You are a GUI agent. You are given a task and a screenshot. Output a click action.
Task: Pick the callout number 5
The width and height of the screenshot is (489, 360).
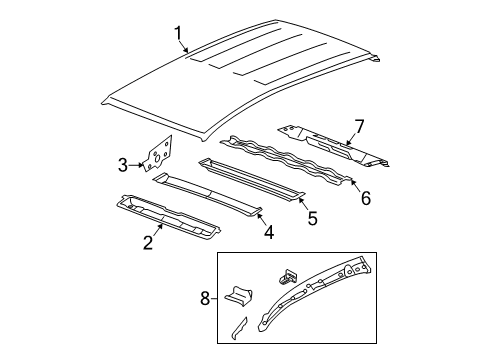314,216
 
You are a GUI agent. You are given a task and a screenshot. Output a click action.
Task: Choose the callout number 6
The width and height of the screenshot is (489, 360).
365,198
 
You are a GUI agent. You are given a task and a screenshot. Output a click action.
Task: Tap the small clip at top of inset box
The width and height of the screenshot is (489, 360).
290,273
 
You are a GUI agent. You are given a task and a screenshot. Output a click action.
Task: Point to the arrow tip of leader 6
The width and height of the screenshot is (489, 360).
351,181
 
